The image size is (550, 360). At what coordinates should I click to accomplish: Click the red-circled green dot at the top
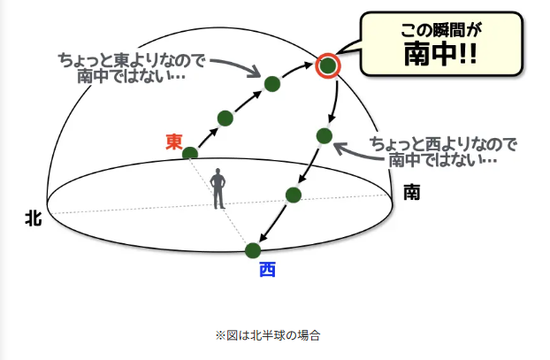(x=328, y=65)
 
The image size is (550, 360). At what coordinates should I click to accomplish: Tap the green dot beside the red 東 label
(x=190, y=154)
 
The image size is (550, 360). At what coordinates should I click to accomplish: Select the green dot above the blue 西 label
(x=254, y=249)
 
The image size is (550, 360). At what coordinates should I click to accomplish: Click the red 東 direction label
(x=175, y=142)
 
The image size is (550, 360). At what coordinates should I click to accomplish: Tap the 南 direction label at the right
(x=412, y=190)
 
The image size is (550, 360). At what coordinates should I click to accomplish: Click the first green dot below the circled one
(x=325, y=135)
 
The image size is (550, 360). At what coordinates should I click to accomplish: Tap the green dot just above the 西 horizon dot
(x=294, y=195)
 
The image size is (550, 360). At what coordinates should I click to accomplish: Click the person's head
(x=218, y=174)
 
